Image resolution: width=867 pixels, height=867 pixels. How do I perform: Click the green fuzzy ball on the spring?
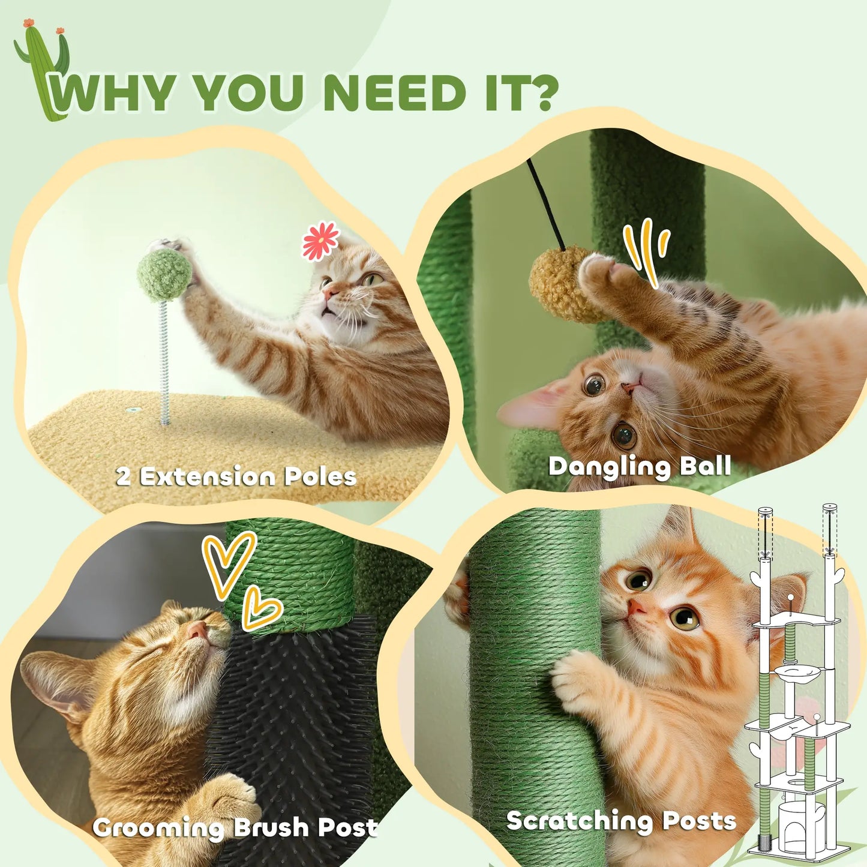tap(164, 274)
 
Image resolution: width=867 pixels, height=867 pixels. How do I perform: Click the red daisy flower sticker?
tap(320, 241)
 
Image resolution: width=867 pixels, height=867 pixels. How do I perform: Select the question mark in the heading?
tap(537, 93)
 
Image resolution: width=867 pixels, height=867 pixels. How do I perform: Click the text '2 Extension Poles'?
tap(236, 476)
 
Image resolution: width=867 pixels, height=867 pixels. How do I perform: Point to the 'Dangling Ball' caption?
tap(639, 466)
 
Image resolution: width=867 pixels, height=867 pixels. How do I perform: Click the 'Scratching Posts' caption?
tap(620, 820)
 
